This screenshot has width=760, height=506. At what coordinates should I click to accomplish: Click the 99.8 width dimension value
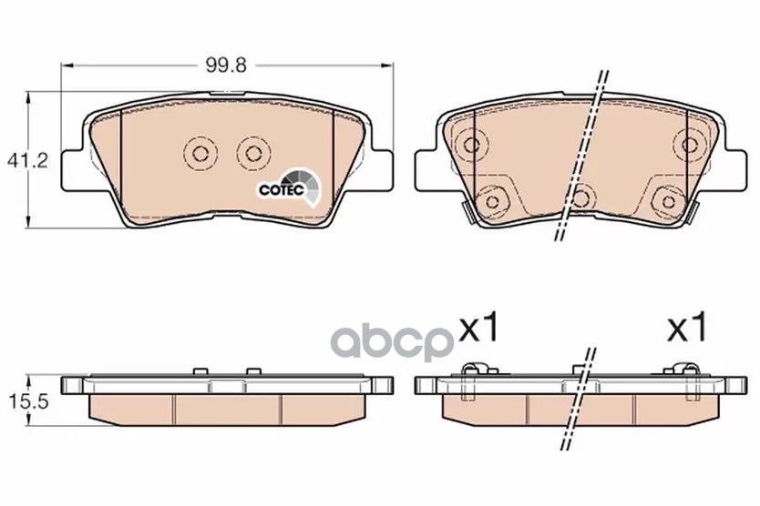pyautogui.click(x=226, y=65)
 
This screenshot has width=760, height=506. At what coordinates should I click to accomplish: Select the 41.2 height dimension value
pyautogui.click(x=27, y=160)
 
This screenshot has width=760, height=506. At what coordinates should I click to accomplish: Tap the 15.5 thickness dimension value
pyautogui.click(x=28, y=401)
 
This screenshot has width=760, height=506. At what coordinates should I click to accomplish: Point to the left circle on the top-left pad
pyautogui.click(x=200, y=154)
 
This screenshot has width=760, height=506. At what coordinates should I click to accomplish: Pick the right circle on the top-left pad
pyautogui.click(x=252, y=154)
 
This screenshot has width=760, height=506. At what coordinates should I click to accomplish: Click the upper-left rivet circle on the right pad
pyautogui.click(x=471, y=145)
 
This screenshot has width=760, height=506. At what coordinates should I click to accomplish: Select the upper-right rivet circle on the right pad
pyautogui.click(x=689, y=145)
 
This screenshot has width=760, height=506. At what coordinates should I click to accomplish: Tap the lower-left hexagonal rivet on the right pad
pyautogui.click(x=492, y=201)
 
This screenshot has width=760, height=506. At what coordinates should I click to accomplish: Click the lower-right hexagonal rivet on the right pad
pyautogui.click(x=668, y=201)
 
